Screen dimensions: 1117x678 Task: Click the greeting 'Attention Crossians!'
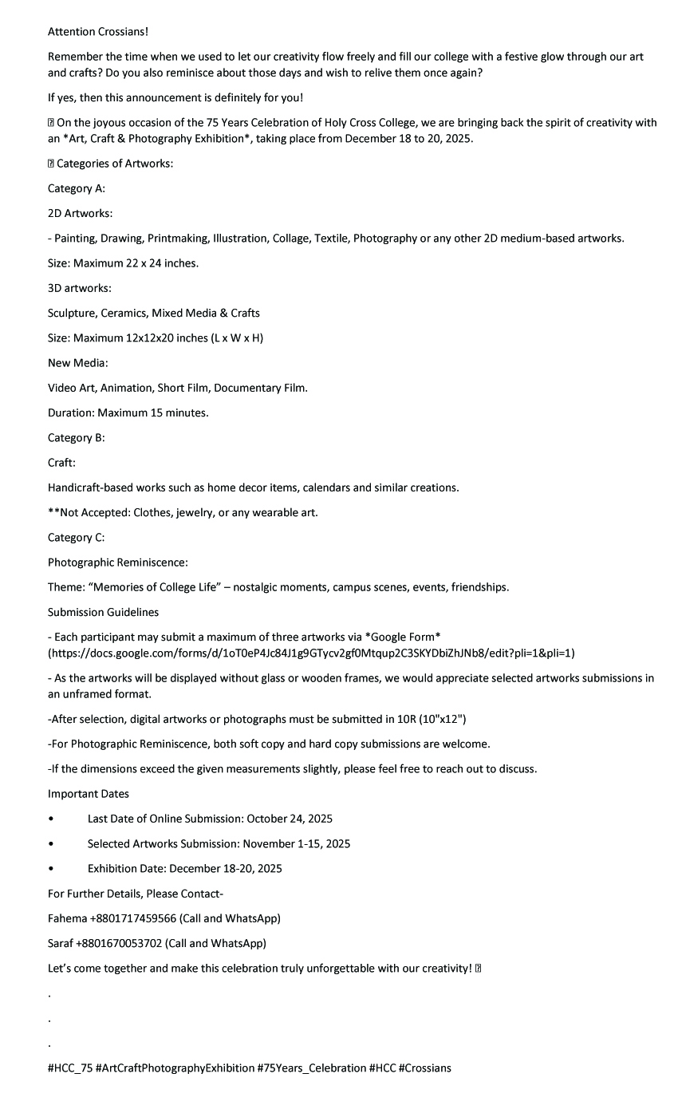click(98, 32)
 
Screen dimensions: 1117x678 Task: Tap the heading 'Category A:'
click(77, 188)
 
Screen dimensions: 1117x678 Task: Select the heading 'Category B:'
click(77, 437)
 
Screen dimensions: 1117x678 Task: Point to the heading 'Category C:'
click(77, 537)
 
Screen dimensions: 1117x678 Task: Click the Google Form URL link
click(311, 653)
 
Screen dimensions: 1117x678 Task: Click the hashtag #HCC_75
click(69, 1068)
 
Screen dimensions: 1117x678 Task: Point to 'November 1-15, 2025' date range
click(297, 843)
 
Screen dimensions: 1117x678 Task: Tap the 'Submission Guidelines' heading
click(103, 612)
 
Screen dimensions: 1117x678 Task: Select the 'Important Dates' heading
click(89, 794)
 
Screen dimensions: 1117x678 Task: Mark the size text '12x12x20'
click(151, 337)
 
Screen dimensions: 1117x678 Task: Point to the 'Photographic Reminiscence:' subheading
click(118, 562)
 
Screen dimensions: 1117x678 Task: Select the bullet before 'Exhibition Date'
click(52, 868)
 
